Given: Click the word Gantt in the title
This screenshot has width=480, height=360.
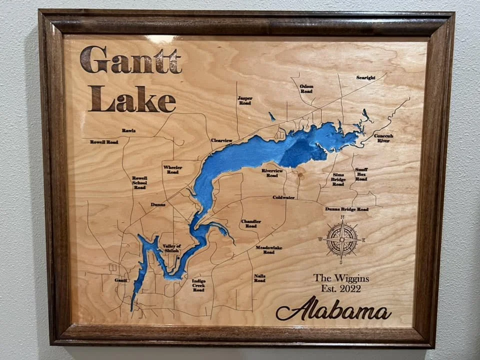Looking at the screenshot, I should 130,60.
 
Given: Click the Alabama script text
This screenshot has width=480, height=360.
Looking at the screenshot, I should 333,309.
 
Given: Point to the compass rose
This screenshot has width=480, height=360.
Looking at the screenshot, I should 342,240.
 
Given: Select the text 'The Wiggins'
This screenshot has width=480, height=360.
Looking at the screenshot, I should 341,278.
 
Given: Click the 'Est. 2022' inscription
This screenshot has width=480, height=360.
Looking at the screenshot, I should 341,288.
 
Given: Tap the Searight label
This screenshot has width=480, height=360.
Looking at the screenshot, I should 365,77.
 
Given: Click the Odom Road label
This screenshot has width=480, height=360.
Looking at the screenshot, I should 306,89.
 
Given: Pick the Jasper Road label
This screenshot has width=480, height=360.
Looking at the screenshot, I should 244,100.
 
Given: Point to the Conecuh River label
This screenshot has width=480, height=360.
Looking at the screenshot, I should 383,138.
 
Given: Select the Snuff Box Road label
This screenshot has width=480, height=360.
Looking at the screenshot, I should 361,174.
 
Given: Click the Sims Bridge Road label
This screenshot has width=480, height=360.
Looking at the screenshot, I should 338,179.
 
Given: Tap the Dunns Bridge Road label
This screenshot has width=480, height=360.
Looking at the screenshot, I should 346,209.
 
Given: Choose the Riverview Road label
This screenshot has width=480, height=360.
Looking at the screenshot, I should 272,173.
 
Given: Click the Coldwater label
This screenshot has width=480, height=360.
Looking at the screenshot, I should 283,197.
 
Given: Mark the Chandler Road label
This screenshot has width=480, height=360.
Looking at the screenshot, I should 251,223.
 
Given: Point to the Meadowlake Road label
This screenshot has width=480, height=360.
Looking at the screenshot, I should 269,249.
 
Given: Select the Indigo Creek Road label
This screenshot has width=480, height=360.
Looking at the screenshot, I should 198,285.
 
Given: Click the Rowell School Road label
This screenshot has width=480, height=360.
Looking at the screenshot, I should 139,182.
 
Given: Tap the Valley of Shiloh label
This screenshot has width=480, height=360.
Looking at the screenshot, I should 172,248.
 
